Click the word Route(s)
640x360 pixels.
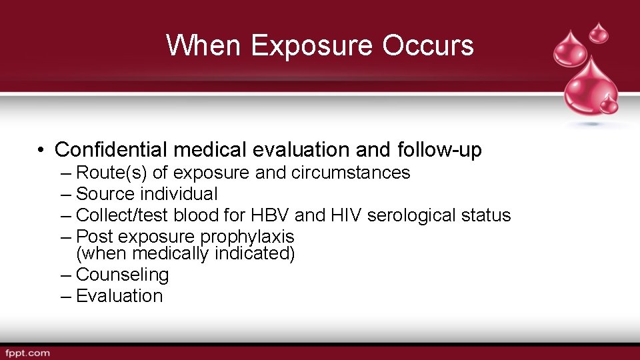pyautogui.click(x=112, y=173)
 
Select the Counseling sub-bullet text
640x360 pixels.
pyautogui.click(x=123, y=275)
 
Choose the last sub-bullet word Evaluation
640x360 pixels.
pyautogui.click(x=119, y=296)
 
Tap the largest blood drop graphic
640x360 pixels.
pyautogui.click(x=590, y=87)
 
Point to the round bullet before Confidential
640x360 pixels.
pyautogui.click(x=41, y=151)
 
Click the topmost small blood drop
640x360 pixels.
pyautogui.click(x=600, y=31)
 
